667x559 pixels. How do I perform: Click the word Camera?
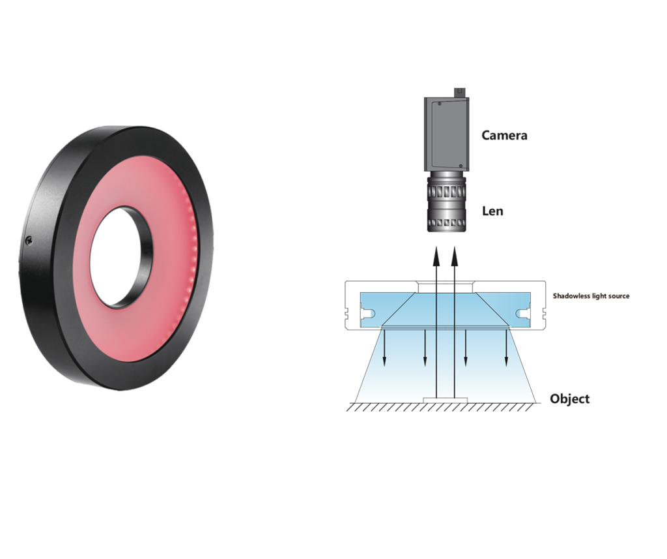tap(504, 136)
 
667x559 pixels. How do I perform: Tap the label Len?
tap(492, 211)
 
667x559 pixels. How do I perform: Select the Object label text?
tap(569, 399)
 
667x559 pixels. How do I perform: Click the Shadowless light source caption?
tap(591, 296)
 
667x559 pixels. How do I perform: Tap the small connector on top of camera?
tap(461, 93)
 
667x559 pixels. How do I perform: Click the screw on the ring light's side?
tap(29, 241)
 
